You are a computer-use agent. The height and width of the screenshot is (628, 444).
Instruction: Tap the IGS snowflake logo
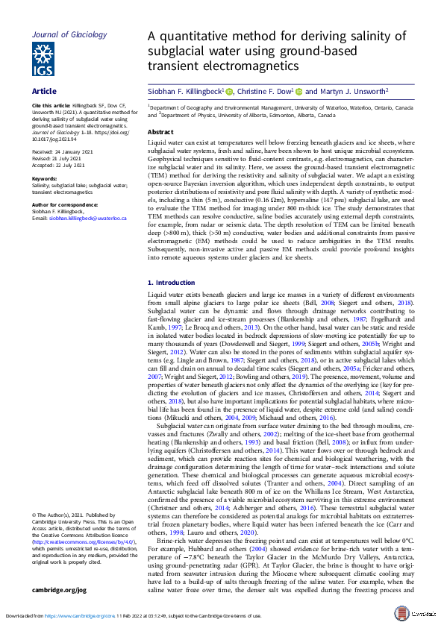(x=42, y=59)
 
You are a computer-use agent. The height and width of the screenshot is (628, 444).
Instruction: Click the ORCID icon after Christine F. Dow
(x=298, y=91)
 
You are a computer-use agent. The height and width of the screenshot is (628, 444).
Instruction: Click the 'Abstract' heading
(x=160, y=131)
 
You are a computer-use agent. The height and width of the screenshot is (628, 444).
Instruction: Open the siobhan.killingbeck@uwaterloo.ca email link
(x=78, y=218)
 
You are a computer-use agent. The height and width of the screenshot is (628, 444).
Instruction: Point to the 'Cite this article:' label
(x=51, y=106)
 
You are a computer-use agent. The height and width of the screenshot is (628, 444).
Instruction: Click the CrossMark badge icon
(x=422, y=612)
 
